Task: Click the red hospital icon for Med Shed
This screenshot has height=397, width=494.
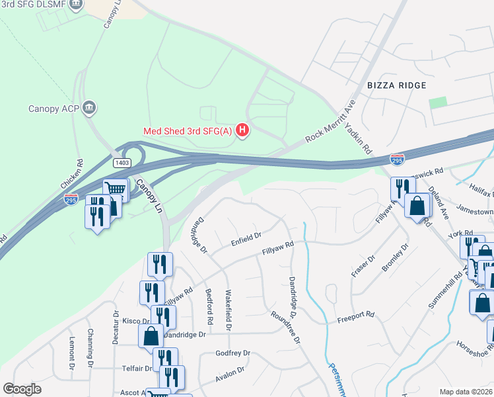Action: click(243, 130)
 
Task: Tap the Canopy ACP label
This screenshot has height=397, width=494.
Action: click(53, 109)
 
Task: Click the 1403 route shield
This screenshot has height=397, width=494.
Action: click(121, 162)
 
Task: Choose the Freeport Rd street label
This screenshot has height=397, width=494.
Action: click(356, 315)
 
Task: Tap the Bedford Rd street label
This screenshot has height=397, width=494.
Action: click(209, 306)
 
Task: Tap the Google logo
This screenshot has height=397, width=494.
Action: click(22, 389)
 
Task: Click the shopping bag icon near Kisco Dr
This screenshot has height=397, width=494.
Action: click(151, 335)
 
